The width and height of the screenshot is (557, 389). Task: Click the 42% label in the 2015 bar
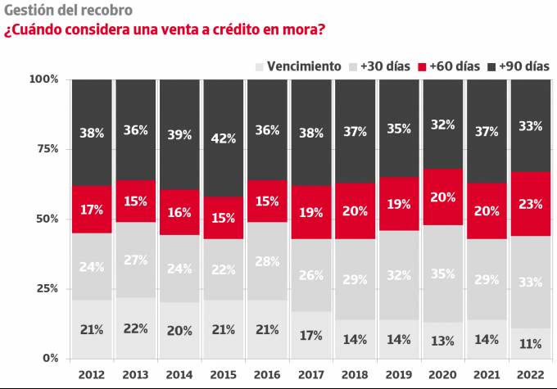pyautogui.click(x=223, y=138)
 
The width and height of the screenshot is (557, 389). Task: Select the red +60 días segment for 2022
pyautogui.click(x=530, y=204)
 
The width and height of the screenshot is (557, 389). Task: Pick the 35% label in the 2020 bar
pyautogui.click(x=442, y=274)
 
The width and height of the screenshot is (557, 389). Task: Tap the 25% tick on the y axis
pyautogui.click(x=46, y=289)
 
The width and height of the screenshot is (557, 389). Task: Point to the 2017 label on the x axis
pyautogui.click(x=310, y=374)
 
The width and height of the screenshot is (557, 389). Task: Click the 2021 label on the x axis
pyautogui.click(x=487, y=374)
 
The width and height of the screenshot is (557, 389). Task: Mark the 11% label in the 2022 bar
pyautogui.click(x=530, y=344)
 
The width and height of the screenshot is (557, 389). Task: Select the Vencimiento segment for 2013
pyautogui.click(x=135, y=328)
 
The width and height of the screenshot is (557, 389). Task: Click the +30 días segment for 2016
pyautogui.click(x=267, y=261)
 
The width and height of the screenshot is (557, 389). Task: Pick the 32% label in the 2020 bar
pyautogui.click(x=442, y=125)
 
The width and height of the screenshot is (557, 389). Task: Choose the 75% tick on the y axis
pyautogui.click(x=46, y=149)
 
